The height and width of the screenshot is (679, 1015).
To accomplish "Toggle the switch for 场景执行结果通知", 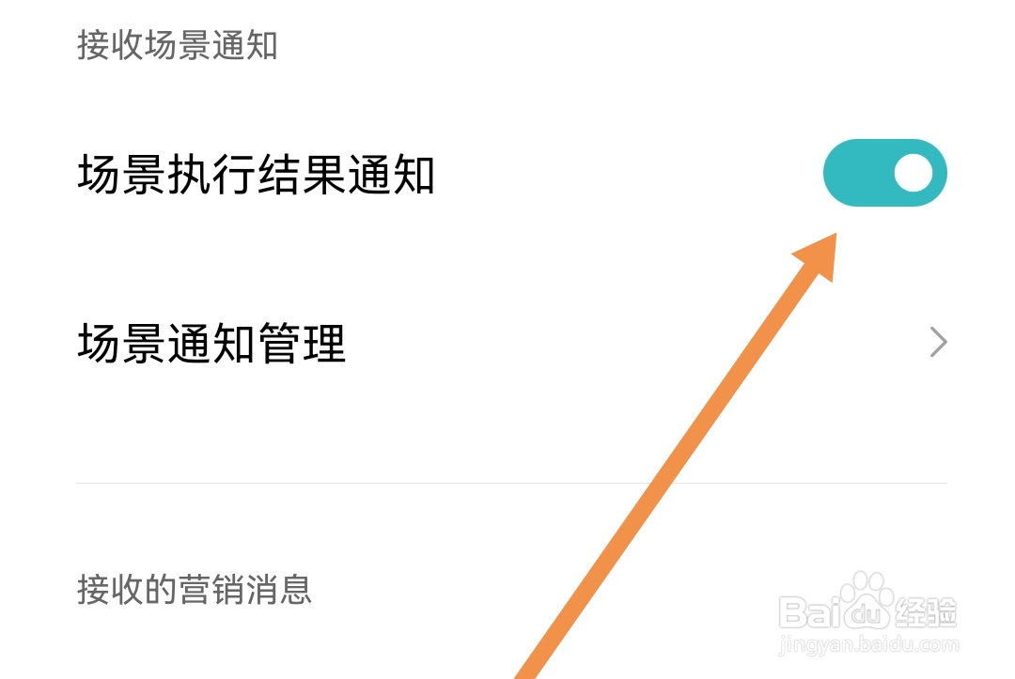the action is tap(884, 173).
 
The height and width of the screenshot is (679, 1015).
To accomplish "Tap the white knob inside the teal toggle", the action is tap(913, 173).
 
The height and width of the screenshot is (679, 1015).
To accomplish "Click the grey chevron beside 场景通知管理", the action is tap(937, 343).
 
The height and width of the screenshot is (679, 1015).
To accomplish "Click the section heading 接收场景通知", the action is tap(177, 45).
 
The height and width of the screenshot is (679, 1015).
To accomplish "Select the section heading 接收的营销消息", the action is tap(194, 590).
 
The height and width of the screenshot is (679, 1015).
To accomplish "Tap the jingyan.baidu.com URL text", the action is tap(869, 645).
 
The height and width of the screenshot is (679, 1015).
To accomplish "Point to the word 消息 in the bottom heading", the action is tap(281, 590).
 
